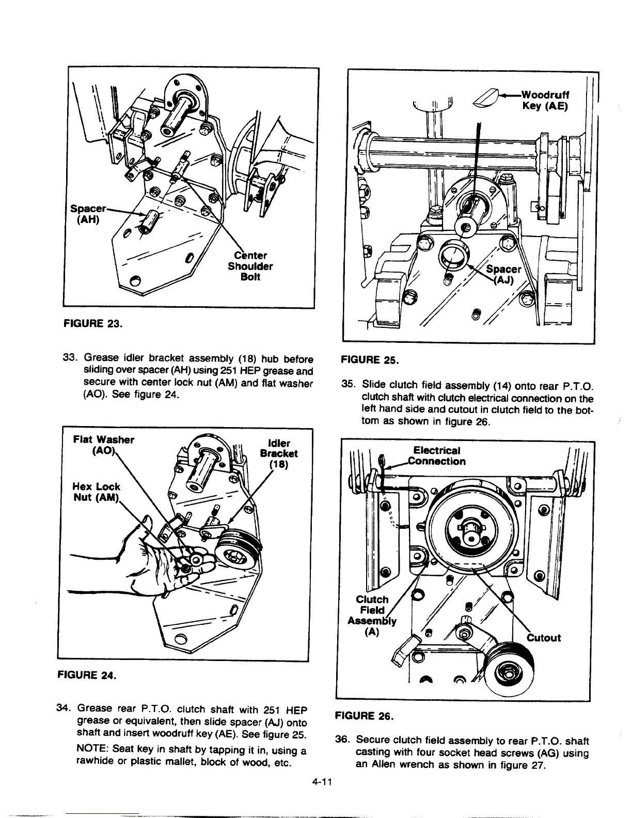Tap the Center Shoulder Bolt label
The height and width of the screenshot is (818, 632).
click(x=250, y=266)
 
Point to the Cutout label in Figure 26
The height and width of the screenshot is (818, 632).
click(x=543, y=638)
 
